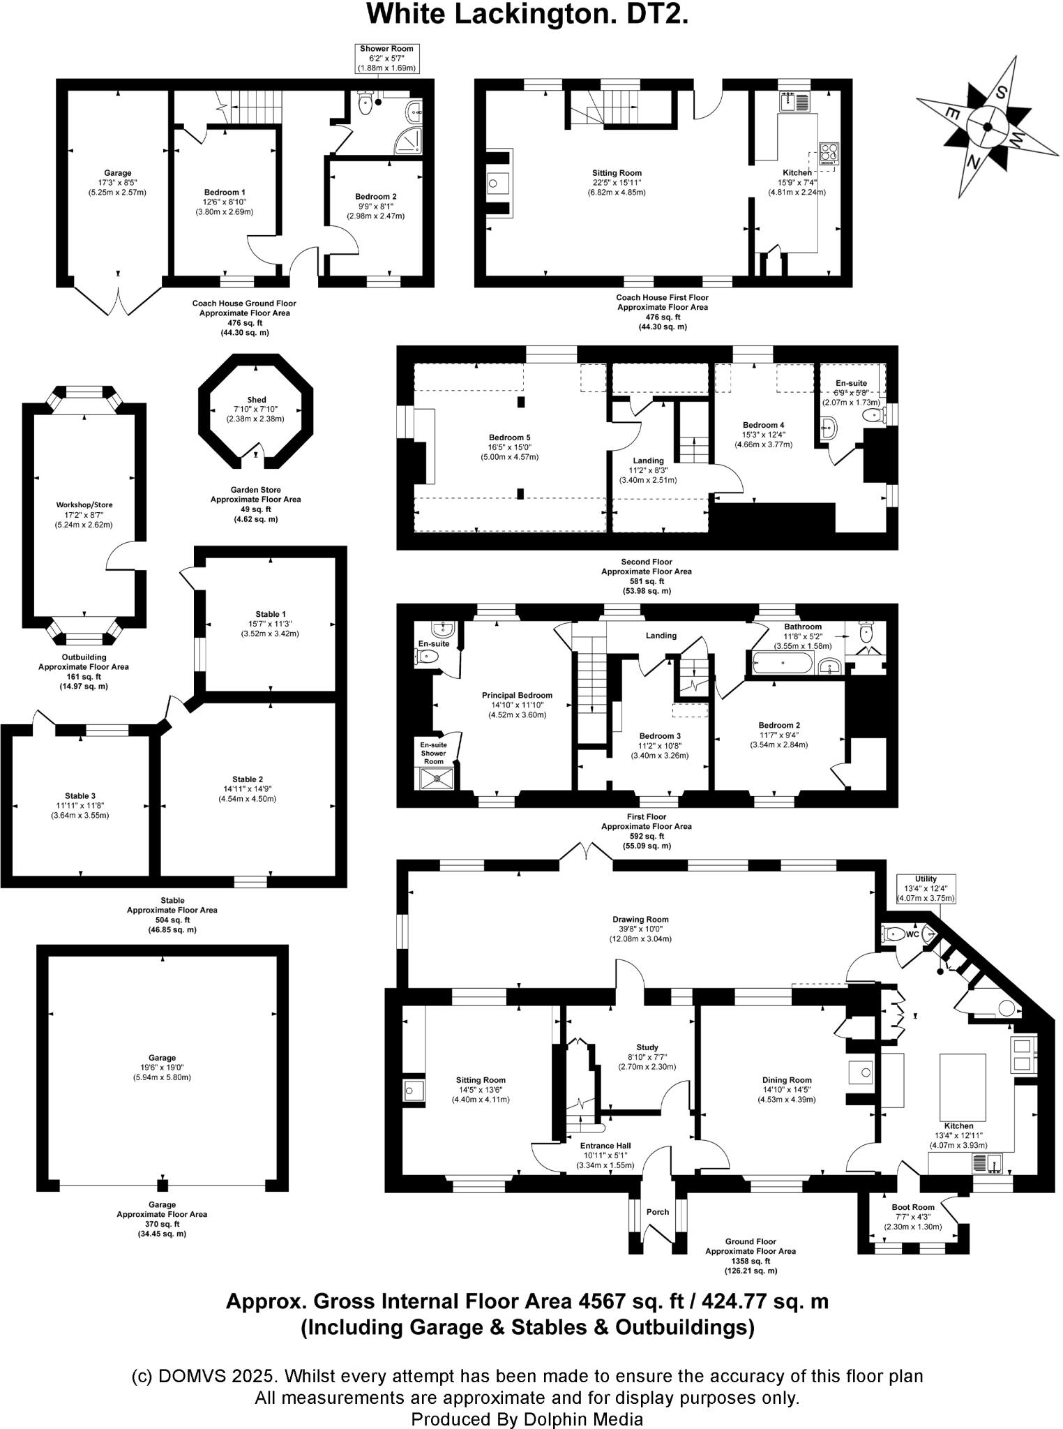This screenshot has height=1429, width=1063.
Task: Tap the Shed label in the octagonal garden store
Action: (256, 400)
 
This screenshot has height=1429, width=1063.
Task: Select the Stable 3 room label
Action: (80, 795)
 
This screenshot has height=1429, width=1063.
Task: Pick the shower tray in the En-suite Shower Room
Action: (437, 779)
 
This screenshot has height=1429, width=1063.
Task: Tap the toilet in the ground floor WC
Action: (892, 934)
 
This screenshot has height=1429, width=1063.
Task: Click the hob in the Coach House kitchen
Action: (829, 152)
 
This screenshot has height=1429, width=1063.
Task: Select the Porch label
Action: (657, 1212)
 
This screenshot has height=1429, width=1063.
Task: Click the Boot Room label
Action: (912, 1206)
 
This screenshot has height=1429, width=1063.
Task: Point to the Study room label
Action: (647, 1047)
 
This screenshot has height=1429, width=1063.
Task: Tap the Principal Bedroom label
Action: (517, 695)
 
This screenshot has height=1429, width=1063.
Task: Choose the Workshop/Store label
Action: (84, 504)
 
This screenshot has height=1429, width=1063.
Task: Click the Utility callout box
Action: (926, 888)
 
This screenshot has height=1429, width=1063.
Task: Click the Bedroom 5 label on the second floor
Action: (509, 437)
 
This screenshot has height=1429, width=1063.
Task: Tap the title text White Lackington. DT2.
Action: (527, 14)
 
